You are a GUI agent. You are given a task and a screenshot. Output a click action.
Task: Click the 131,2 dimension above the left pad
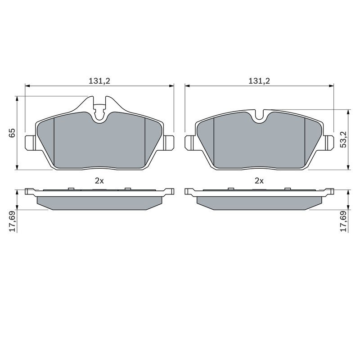99,81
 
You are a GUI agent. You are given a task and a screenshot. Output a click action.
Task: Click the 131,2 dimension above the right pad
259,81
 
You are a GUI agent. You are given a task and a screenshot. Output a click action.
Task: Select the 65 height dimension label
12,133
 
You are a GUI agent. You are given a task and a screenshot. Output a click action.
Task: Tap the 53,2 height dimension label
344,139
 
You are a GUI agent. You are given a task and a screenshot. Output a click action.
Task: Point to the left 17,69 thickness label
12,221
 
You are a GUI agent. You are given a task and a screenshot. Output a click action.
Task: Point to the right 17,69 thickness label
344,221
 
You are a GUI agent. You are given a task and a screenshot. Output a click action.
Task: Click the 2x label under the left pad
99,181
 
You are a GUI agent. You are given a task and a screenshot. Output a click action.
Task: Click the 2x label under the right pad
259,181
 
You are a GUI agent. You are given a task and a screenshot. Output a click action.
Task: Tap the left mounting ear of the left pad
30,143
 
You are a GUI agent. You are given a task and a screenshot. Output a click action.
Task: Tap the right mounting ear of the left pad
169,143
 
